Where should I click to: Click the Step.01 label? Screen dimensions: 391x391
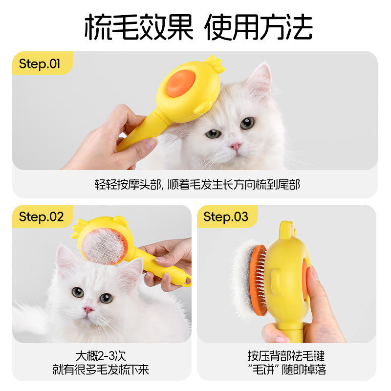point(40,64)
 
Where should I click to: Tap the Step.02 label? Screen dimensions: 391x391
point(41,217)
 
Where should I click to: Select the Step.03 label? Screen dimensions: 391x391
point(226,217)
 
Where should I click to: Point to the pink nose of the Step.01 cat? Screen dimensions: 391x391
point(236,146)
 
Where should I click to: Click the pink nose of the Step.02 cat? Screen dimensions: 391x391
point(88,310)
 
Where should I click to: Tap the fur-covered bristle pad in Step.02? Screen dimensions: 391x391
point(104,246)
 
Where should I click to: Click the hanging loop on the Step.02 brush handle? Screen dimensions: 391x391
point(188,281)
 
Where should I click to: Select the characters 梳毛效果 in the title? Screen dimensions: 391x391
point(139,27)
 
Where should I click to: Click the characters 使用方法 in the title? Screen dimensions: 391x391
point(259,27)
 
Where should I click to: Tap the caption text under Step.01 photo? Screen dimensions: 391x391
point(197,185)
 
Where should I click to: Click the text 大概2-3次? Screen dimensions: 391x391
point(101,356)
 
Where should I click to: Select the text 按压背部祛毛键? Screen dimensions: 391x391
point(286,356)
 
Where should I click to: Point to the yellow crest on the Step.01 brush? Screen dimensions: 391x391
point(214,64)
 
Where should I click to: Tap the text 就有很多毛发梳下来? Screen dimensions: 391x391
point(101,369)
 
